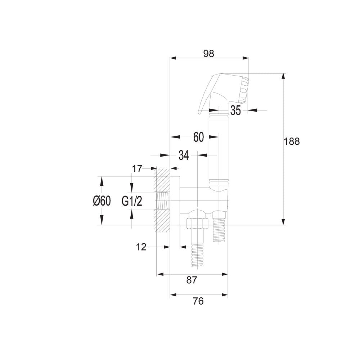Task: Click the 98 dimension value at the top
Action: pos(208,54)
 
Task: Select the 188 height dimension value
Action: pos(292,141)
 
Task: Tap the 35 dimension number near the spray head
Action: pos(235,110)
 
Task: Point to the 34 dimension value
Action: pos(184,155)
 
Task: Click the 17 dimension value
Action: pos(137,169)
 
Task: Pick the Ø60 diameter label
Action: pos(102,201)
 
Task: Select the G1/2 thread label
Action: pos(132,201)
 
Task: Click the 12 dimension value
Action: pos(141,247)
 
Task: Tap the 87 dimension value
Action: pos(192,280)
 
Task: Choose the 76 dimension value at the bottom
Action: pos(198,301)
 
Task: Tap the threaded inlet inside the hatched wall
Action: pos(163,201)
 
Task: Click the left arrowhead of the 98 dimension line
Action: pos(173,58)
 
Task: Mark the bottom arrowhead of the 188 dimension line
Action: pos(284,222)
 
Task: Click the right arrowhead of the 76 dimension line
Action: pos(225,295)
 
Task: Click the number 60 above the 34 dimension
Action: pos(198,137)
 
